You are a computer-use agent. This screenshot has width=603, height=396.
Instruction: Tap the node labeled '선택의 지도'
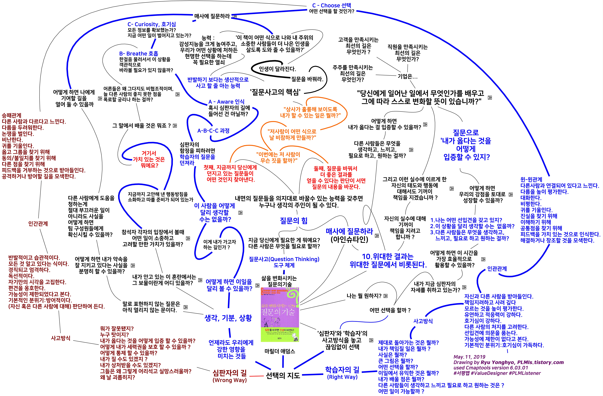(283, 375)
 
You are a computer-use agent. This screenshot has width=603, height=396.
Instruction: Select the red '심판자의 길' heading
(230, 373)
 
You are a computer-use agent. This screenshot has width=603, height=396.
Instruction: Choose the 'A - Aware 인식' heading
(226, 102)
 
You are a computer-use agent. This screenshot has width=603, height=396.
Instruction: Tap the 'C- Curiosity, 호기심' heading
(152, 24)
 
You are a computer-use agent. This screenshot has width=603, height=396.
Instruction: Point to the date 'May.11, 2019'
(469, 357)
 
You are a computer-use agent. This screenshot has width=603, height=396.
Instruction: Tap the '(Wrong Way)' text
(230, 380)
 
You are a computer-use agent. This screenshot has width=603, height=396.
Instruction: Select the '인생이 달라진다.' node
(277, 69)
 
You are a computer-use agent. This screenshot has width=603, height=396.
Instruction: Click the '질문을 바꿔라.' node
(307, 79)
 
